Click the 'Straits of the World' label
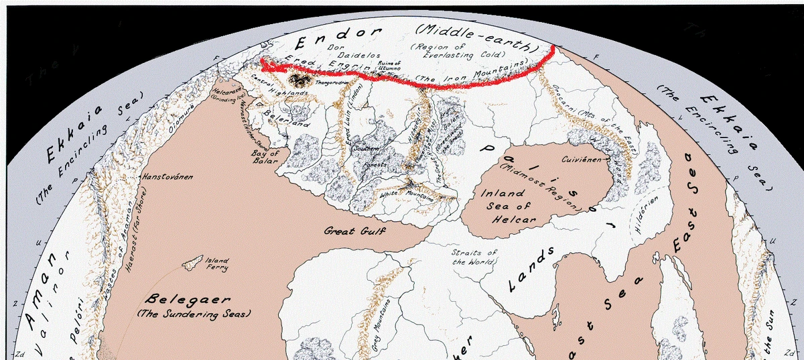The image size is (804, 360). click(x=474, y=257)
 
